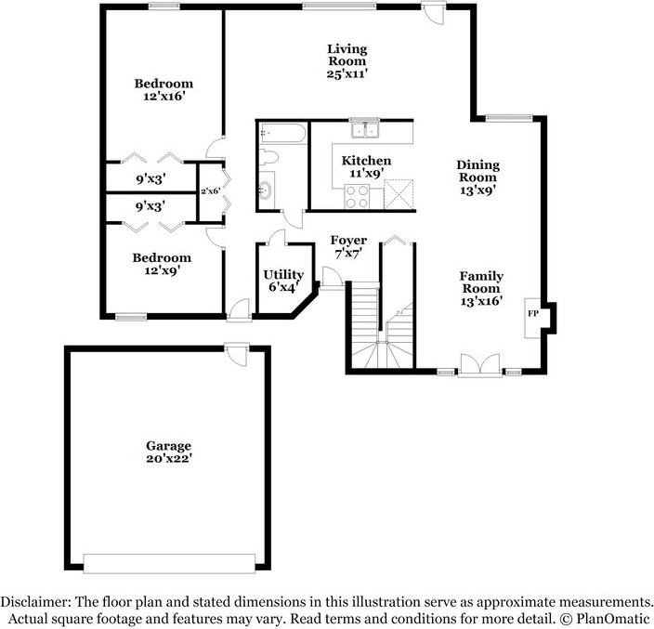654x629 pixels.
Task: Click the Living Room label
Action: pyautogui.click(x=347, y=60)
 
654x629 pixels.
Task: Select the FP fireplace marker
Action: pyautogui.click(x=533, y=314)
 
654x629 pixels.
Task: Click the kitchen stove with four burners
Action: pyautogui.click(x=358, y=195)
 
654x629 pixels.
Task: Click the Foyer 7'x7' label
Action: pyautogui.click(x=348, y=246)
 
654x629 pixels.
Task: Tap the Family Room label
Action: pyautogui.click(x=481, y=288)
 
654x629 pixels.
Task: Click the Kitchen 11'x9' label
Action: pyautogui.click(x=366, y=167)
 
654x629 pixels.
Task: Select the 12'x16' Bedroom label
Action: pyautogui.click(x=162, y=89)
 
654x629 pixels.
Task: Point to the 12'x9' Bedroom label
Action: pyautogui.click(x=162, y=264)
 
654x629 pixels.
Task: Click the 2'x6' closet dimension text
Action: pyautogui.click(x=211, y=190)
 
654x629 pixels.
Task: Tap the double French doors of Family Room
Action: pyautogui.click(x=480, y=365)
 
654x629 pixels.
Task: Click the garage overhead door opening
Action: pyautogui.click(x=169, y=563)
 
